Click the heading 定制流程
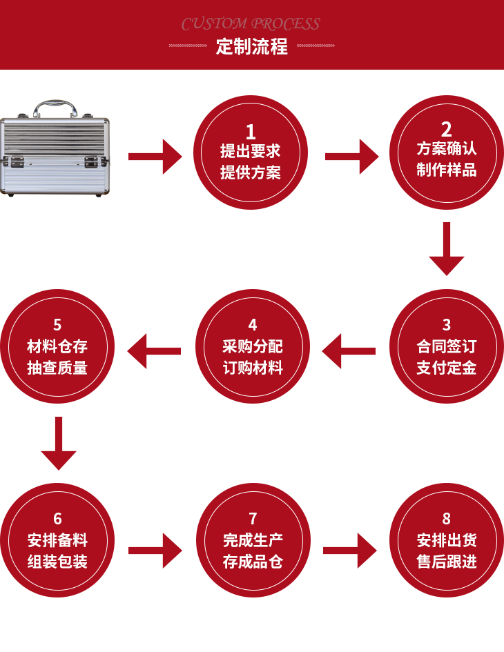click(251, 47)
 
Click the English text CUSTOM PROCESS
click(251, 24)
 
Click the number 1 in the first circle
click(251, 131)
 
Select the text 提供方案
click(251, 172)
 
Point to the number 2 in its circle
click(447, 128)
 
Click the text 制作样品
click(447, 170)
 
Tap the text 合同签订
click(447, 346)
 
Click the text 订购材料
click(253, 367)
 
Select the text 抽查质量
click(57, 367)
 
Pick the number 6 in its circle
click(57, 518)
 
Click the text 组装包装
click(57, 562)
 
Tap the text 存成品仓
click(253, 562)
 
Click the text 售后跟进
click(447, 562)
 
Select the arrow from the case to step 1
click(155, 157)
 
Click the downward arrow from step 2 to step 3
click(447, 248)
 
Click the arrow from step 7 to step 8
click(350, 551)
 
